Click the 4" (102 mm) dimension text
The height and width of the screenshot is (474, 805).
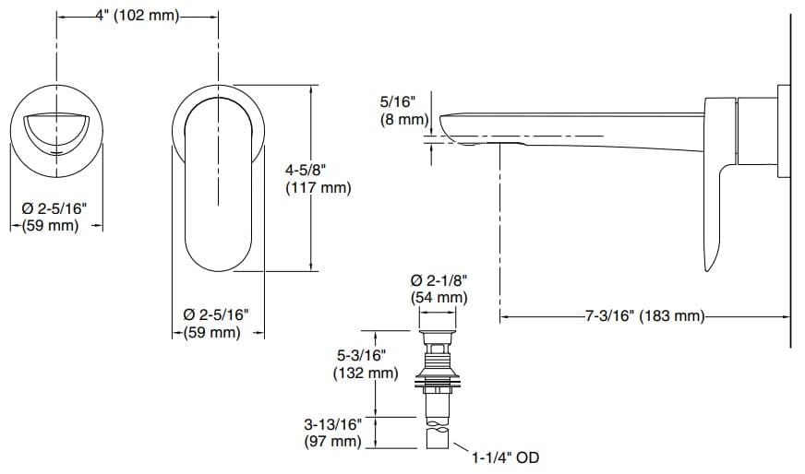click(138, 16)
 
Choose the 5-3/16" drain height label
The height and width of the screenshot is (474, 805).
click(363, 356)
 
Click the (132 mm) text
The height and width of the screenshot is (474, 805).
click(366, 373)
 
